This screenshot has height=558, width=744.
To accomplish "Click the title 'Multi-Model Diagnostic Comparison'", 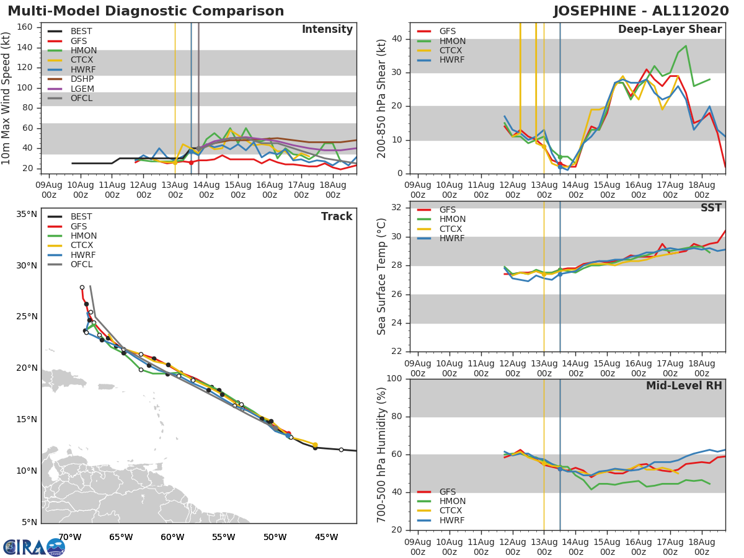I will [x=146, y=11].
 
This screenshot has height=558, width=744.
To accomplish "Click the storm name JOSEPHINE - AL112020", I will [x=642, y=11].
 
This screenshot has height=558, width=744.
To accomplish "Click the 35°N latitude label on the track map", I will [x=27, y=215].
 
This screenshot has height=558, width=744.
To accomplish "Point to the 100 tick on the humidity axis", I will [x=394, y=379].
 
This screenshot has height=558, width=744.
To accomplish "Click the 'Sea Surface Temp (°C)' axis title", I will [x=382, y=277].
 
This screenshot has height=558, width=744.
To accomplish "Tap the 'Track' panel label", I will [x=336, y=217].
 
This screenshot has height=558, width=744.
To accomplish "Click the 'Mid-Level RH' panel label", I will [x=684, y=386].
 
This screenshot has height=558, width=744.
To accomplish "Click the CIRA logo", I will [x=34, y=546].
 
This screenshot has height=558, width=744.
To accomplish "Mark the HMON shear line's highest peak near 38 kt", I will [x=686, y=46].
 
